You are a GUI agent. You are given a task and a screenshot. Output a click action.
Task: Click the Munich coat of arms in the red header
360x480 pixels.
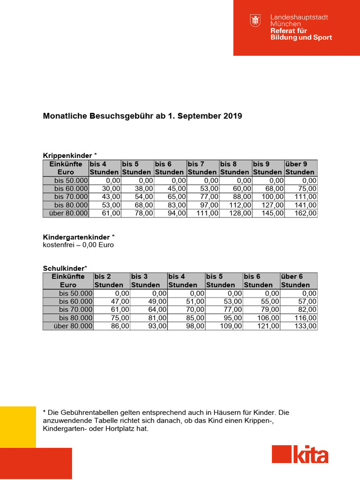[x=255, y=21]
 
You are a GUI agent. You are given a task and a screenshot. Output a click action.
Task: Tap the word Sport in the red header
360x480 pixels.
[x=322, y=37]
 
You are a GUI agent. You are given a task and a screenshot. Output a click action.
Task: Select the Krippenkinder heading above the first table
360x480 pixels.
[x=68, y=155]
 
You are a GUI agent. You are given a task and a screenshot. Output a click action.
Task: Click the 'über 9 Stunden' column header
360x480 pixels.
[x=300, y=168]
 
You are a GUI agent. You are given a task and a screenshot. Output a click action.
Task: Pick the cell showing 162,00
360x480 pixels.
[x=300, y=213]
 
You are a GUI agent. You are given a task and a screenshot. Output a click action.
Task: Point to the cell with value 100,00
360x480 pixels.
[x=268, y=196]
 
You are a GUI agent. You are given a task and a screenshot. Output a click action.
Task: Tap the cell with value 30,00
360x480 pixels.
[x=105, y=188]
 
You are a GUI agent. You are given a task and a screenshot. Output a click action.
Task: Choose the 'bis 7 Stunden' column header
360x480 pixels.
[x=202, y=168]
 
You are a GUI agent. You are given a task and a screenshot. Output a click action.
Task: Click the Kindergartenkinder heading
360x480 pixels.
[x=76, y=237]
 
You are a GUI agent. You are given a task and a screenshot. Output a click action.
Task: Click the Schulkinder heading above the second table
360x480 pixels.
[x=63, y=268]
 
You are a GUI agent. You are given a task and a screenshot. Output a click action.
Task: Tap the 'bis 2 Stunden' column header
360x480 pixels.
[x=112, y=280]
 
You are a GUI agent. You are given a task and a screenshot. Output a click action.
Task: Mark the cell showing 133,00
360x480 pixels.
[x=299, y=326]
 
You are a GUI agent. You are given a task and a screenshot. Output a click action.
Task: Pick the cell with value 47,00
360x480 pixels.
[x=112, y=301]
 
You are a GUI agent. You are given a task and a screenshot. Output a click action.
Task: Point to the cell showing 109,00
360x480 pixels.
[x=224, y=326]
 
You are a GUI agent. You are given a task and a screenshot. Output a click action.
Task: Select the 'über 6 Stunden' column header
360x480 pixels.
[x=299, y=280]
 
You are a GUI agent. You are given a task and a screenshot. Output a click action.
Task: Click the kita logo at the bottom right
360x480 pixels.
[x=300, y=454]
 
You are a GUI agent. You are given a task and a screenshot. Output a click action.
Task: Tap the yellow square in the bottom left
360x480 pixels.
[x=18, y=427]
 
